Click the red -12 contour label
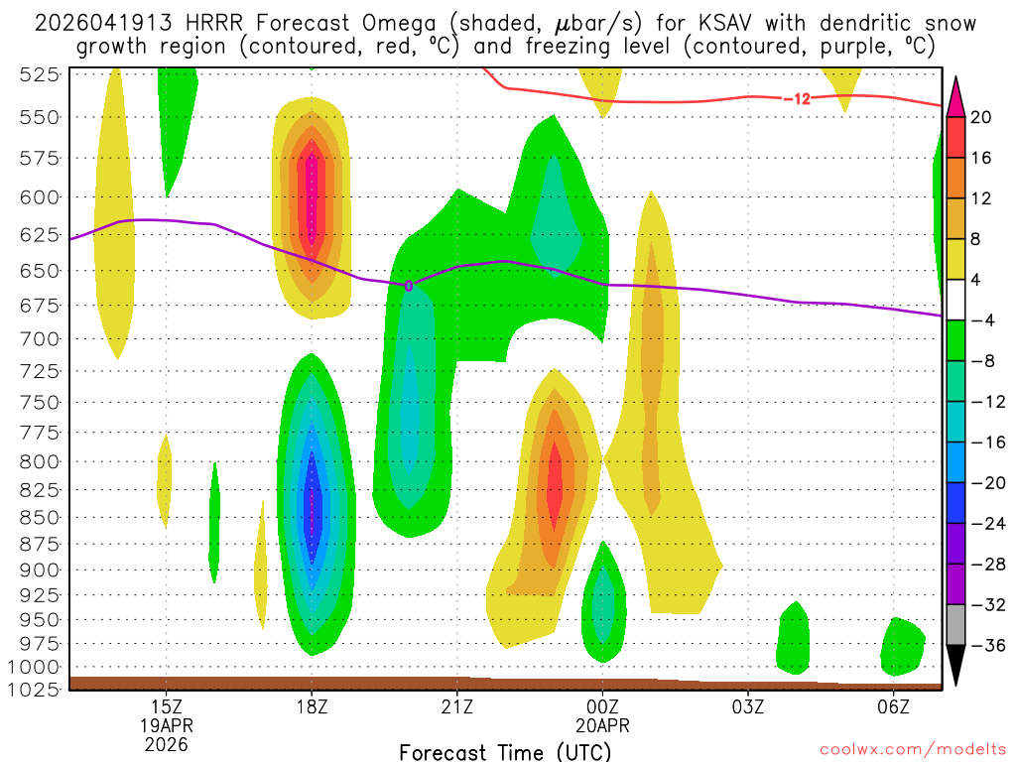coord(797,98)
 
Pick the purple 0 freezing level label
coord(409,286)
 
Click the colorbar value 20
coord(981,117)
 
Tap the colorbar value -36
coord(986,645)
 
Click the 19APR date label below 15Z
coord(167,724)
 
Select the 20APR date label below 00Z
coord(602,724)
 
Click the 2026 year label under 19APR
coord(167,742)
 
